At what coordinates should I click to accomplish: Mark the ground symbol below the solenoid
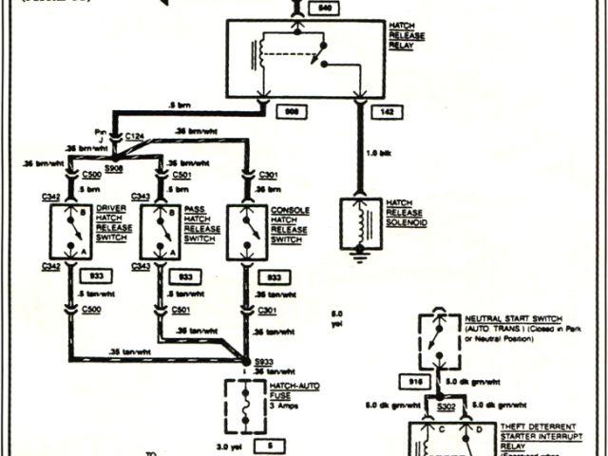coord(360,256)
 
